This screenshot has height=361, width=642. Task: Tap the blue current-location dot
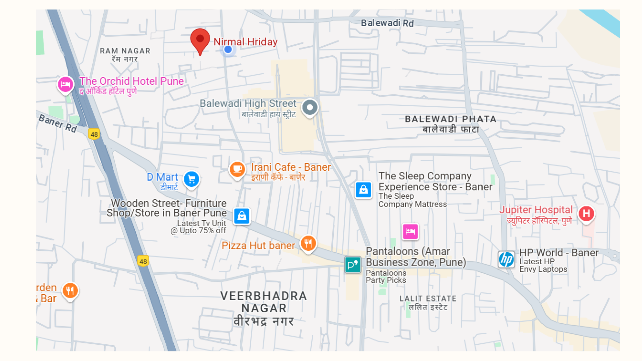[228, 50]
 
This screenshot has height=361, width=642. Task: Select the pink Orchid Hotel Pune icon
[65, 84]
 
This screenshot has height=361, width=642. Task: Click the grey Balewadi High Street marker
[310, 108]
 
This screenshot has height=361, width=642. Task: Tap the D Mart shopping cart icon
[192, 179]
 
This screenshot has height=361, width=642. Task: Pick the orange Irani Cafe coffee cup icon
[237, 169]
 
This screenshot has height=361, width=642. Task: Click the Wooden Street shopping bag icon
[242, 216]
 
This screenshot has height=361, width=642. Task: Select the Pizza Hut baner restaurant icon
[308, 243]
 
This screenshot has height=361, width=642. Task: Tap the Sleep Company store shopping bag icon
[363, 190]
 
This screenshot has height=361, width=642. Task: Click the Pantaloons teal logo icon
[353, 265]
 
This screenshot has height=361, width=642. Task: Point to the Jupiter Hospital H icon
[586, 214]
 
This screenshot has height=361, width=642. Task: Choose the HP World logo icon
[506, 259]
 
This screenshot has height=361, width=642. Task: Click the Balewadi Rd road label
[387, 23]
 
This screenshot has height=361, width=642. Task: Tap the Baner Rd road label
[58, 123]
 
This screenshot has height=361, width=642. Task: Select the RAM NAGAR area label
[125, 51]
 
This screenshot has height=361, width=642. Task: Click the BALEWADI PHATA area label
[450, 119]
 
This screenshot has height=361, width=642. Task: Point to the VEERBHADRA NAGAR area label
[263, 302]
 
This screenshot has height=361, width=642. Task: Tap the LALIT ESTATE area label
[428, 298]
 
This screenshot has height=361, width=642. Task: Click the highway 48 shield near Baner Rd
[94, 134]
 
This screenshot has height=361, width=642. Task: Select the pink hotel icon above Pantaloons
[410, 231]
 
